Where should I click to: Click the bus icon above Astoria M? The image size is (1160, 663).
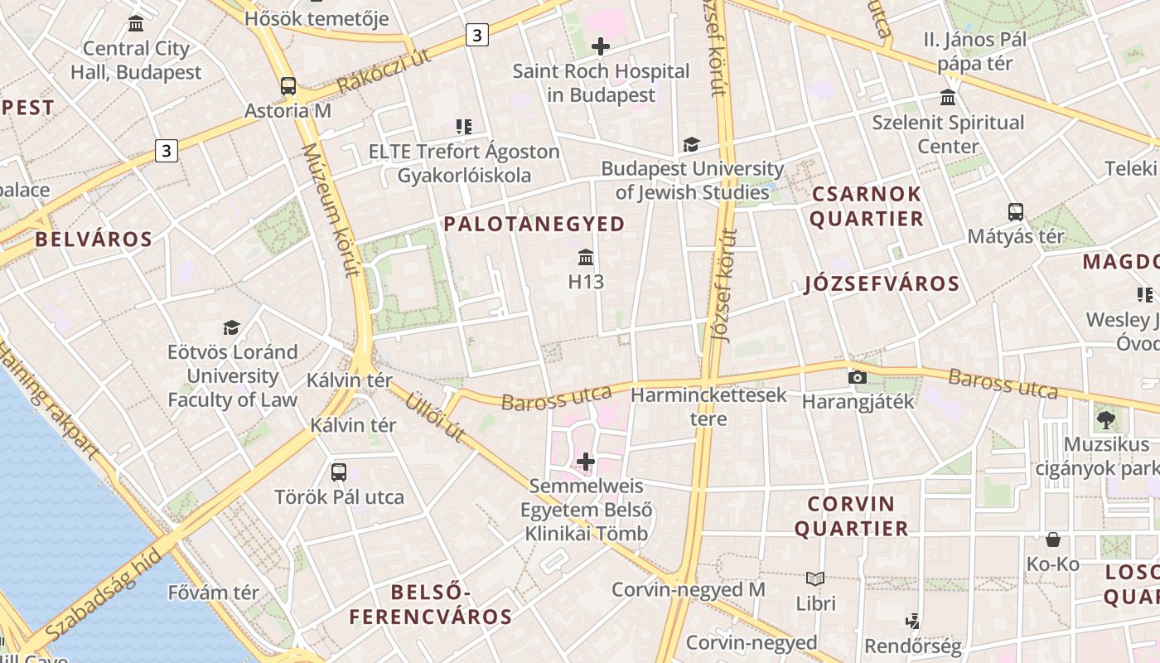click(x=288, y=85)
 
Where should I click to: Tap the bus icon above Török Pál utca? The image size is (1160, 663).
click(x=338, y=472)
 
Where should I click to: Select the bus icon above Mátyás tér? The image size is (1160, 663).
click(x=1016, y=211)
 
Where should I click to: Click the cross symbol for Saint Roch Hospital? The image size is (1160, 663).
click(x=601, y=46)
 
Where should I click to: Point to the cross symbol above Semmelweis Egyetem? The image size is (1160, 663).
click(x=586, y=461)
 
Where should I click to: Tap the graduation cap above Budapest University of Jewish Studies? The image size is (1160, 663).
click(x=691, y=145)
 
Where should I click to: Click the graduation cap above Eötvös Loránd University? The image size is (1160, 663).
click(x=232, y=327)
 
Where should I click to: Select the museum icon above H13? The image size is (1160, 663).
click(x=586, y=257)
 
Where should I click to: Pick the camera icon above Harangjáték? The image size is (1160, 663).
click(x=858, y=378)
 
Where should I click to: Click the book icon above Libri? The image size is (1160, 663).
click(x=815, y=578)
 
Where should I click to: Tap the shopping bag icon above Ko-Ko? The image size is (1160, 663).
click(x=1052, y=540)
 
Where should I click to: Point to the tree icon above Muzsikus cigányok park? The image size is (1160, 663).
click(x=1105, y=420)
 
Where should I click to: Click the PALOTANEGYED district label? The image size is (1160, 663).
click(x=534, y=224)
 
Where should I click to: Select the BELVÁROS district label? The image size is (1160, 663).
click(x=94, y=240)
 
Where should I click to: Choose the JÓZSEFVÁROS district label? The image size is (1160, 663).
click(x=882, y=284)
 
